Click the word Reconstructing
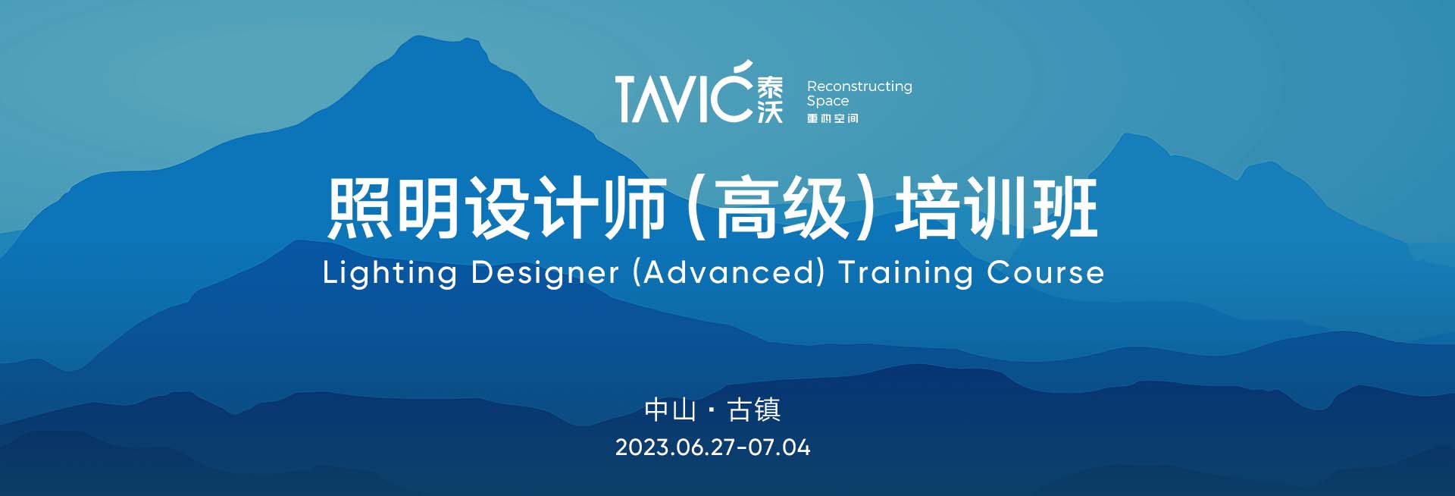(x=859, y=86)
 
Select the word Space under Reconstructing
(x=828, y=101)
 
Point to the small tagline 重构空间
(x=833, y=118)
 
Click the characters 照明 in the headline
(x=393, y=208)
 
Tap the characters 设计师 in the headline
(x=565, y=208)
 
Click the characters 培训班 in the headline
(x=997, y=208)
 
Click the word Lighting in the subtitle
(x=390, y=272)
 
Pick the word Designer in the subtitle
(x=545, y=272)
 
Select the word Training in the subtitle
(x=906, y=272)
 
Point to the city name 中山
(x=671, y=410)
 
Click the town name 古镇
(x=754, y=410)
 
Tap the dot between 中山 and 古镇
(x=712, y=410)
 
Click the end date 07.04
(x=780, y=447)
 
